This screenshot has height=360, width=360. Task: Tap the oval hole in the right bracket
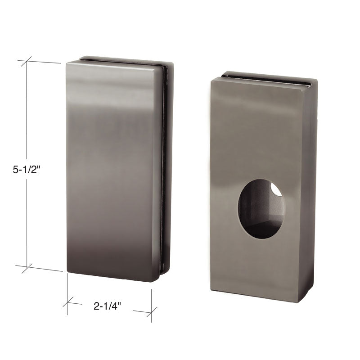tap(261, 209)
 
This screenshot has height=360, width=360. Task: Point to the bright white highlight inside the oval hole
tap(276, 190)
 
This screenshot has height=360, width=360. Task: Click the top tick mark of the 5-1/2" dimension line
tap(27, 61)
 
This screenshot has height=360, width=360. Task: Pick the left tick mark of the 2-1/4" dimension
tap(67, 302)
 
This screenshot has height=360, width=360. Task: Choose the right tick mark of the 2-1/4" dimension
tap(151, 311)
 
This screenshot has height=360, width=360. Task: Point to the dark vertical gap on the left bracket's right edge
tap(164, 171)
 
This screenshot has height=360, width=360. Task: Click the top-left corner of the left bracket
tap(67, 63)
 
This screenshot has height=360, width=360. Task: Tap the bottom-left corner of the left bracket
tap(67, 271)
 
